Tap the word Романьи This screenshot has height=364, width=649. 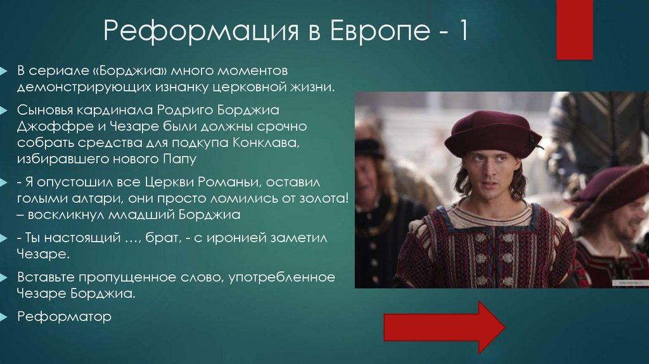point(233,183)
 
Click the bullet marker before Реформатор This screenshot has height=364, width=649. point(5,316)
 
